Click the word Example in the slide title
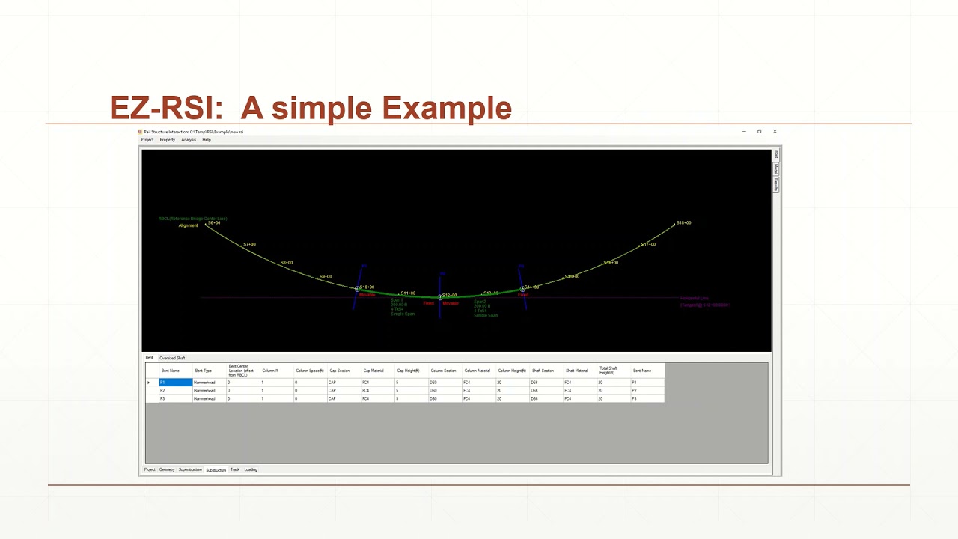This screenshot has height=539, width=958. click(x=446, y=109)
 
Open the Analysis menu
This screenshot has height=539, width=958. click(x=189, y=140)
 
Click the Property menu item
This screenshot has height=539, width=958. click(x=167, y=140)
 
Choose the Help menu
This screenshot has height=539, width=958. click(x=207, y=140)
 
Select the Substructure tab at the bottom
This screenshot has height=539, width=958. click(x=216, y=470)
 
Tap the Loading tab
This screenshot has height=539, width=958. click(x=251, y=470)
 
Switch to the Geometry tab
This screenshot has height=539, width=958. click(x=167, y=470)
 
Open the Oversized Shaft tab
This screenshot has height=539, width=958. click(x=172, y=358)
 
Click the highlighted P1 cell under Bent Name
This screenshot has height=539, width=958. click(x=175, y=383)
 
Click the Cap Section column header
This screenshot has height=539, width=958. click(x=339, y=371)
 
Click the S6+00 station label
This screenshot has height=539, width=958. click(x=214, y=222)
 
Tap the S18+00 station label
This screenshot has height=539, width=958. click(x=683, y=223)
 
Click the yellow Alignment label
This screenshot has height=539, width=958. click(x=188, y=225)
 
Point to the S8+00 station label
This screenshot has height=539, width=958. click(x=287, y=263)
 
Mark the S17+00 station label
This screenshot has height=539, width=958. click(x=648, y=245)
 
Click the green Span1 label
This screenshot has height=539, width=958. click(x=397, y=300)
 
